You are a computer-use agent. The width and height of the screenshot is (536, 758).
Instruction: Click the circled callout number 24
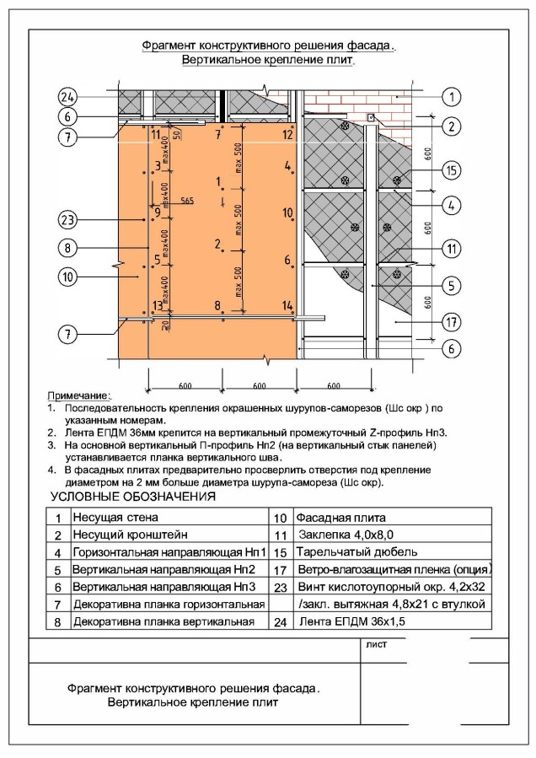click(68, 95)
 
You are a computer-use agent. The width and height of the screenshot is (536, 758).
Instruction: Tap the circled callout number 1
click(453, 96)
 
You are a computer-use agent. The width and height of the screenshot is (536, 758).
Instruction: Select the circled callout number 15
click(453, 171)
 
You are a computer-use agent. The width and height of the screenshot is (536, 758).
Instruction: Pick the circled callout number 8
click(68, 248)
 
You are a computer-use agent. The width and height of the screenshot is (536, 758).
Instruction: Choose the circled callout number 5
click(453, 285)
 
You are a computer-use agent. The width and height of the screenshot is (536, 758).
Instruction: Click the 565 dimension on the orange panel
click(187, 201)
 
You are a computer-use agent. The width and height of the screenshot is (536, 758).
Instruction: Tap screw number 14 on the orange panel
click(287, 305)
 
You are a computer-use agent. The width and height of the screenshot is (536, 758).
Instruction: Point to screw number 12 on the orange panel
click(287, 135)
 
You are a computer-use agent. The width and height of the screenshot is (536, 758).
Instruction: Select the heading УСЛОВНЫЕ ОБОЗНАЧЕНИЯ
click(133, 497)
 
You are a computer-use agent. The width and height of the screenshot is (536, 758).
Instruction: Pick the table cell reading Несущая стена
click(114, 517)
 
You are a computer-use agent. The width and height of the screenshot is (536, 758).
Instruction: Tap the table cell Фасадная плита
click(332, 517)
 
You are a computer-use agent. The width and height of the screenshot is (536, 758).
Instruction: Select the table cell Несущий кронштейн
click(125, 535)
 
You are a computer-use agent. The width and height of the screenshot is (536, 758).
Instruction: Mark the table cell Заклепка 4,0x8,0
click(341, 535)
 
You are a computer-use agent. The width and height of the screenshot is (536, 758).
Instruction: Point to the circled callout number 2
click(453, 127)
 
